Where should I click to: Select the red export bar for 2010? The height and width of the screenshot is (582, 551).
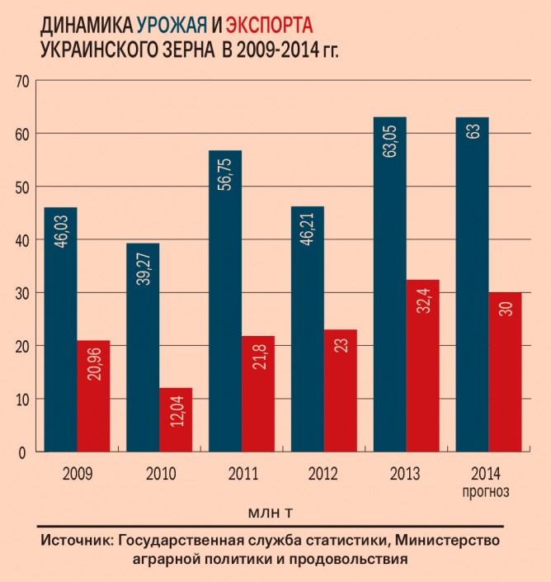(176, 420)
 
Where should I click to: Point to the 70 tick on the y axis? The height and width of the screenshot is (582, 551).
(21, 81)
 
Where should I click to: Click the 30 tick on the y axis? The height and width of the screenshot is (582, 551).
(21, 293)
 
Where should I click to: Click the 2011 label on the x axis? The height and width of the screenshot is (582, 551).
(241, 475)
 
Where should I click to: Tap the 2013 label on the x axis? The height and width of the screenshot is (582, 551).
(405, 475)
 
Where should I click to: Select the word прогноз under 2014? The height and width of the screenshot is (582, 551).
(488, 492)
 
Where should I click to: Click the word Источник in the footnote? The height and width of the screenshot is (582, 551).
(75, 541)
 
